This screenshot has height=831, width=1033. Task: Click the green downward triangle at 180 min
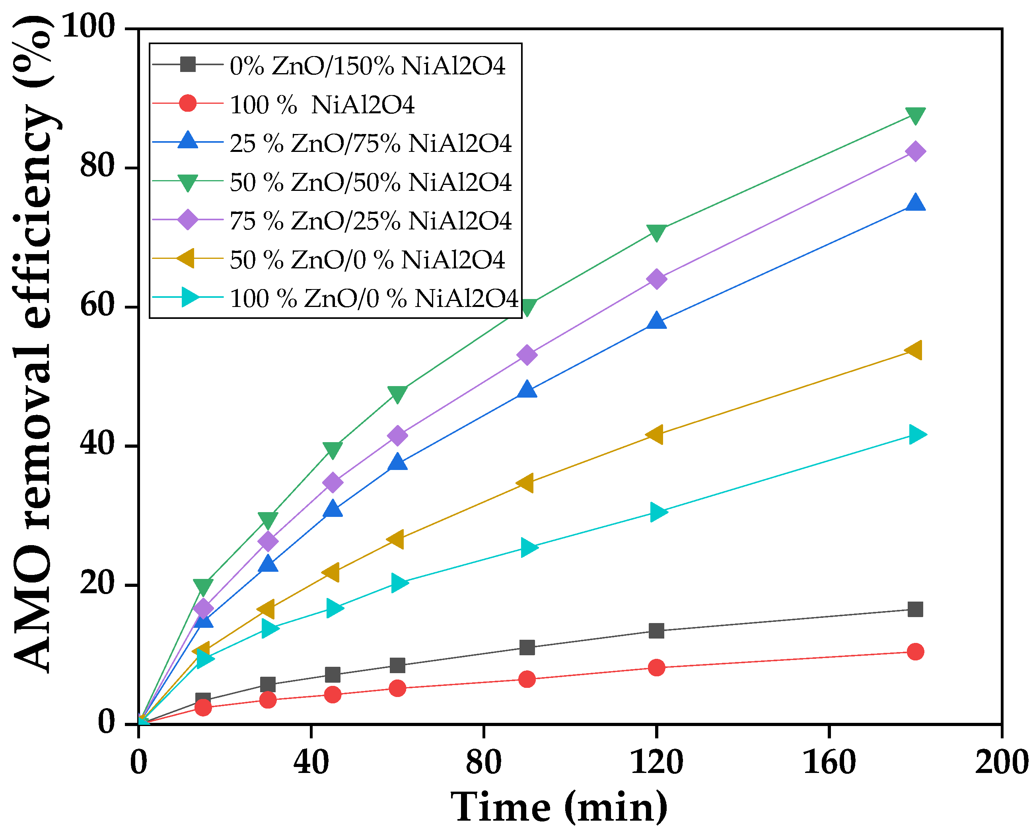point(915,115)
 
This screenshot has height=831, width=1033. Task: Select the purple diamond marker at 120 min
point(656,279)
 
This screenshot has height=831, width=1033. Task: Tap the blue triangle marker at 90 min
point(527,389)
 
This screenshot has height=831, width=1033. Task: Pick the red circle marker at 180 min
point(915,652)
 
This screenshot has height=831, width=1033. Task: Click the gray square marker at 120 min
point(656,631)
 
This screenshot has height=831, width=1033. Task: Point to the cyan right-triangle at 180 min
point(916,435)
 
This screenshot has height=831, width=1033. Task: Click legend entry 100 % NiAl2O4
point(322,105)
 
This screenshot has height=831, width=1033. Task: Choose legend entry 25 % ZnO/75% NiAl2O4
point(370,143)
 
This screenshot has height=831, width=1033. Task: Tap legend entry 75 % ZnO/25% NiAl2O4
point(370,221)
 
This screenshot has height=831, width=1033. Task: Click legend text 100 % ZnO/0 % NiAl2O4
point(374,298)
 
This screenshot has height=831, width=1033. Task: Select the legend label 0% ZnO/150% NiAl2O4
point(367,66)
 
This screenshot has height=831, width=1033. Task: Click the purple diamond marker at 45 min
point(333,482)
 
